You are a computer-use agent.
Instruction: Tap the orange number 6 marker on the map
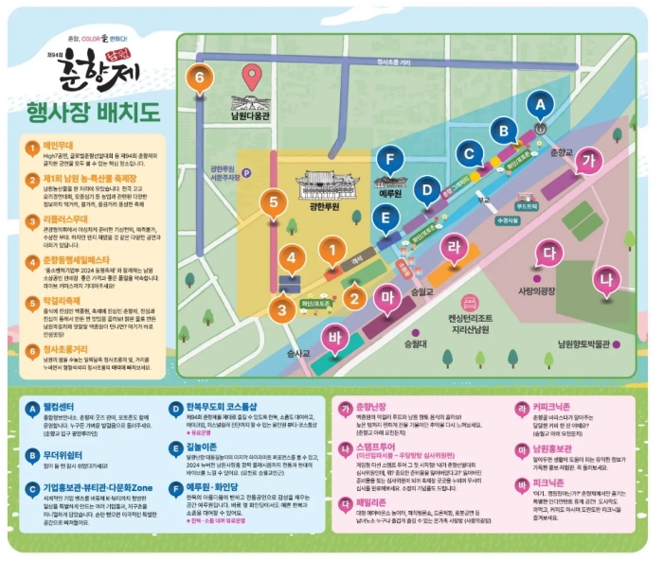[x=200, y=78]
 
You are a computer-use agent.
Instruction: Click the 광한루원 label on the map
[x=324, y=203]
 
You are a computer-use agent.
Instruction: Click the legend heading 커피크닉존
[x=553, y=407]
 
